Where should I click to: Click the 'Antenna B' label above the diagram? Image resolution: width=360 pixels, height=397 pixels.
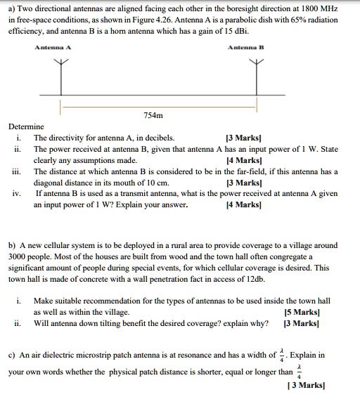point(245,48)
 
